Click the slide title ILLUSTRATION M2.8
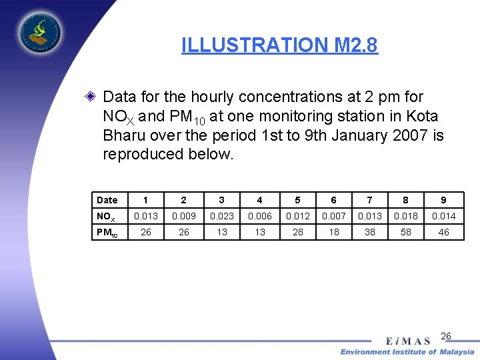point(279,45)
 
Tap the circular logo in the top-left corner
point(39,31)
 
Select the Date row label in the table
point(107,200)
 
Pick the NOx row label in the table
point(106,216)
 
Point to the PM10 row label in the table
point(107,232)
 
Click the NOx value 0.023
point(221,216)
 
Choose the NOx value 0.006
point(259,216)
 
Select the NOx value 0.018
point(406,216)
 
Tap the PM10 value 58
point(406,232)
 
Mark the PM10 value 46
point(443,232)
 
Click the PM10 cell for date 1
point(146,232)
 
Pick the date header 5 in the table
point(297,200)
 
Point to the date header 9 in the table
point(443,200)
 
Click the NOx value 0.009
point(184,216)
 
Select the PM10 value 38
point(369,232)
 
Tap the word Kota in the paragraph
point(422,116)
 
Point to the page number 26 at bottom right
point(446,336)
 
